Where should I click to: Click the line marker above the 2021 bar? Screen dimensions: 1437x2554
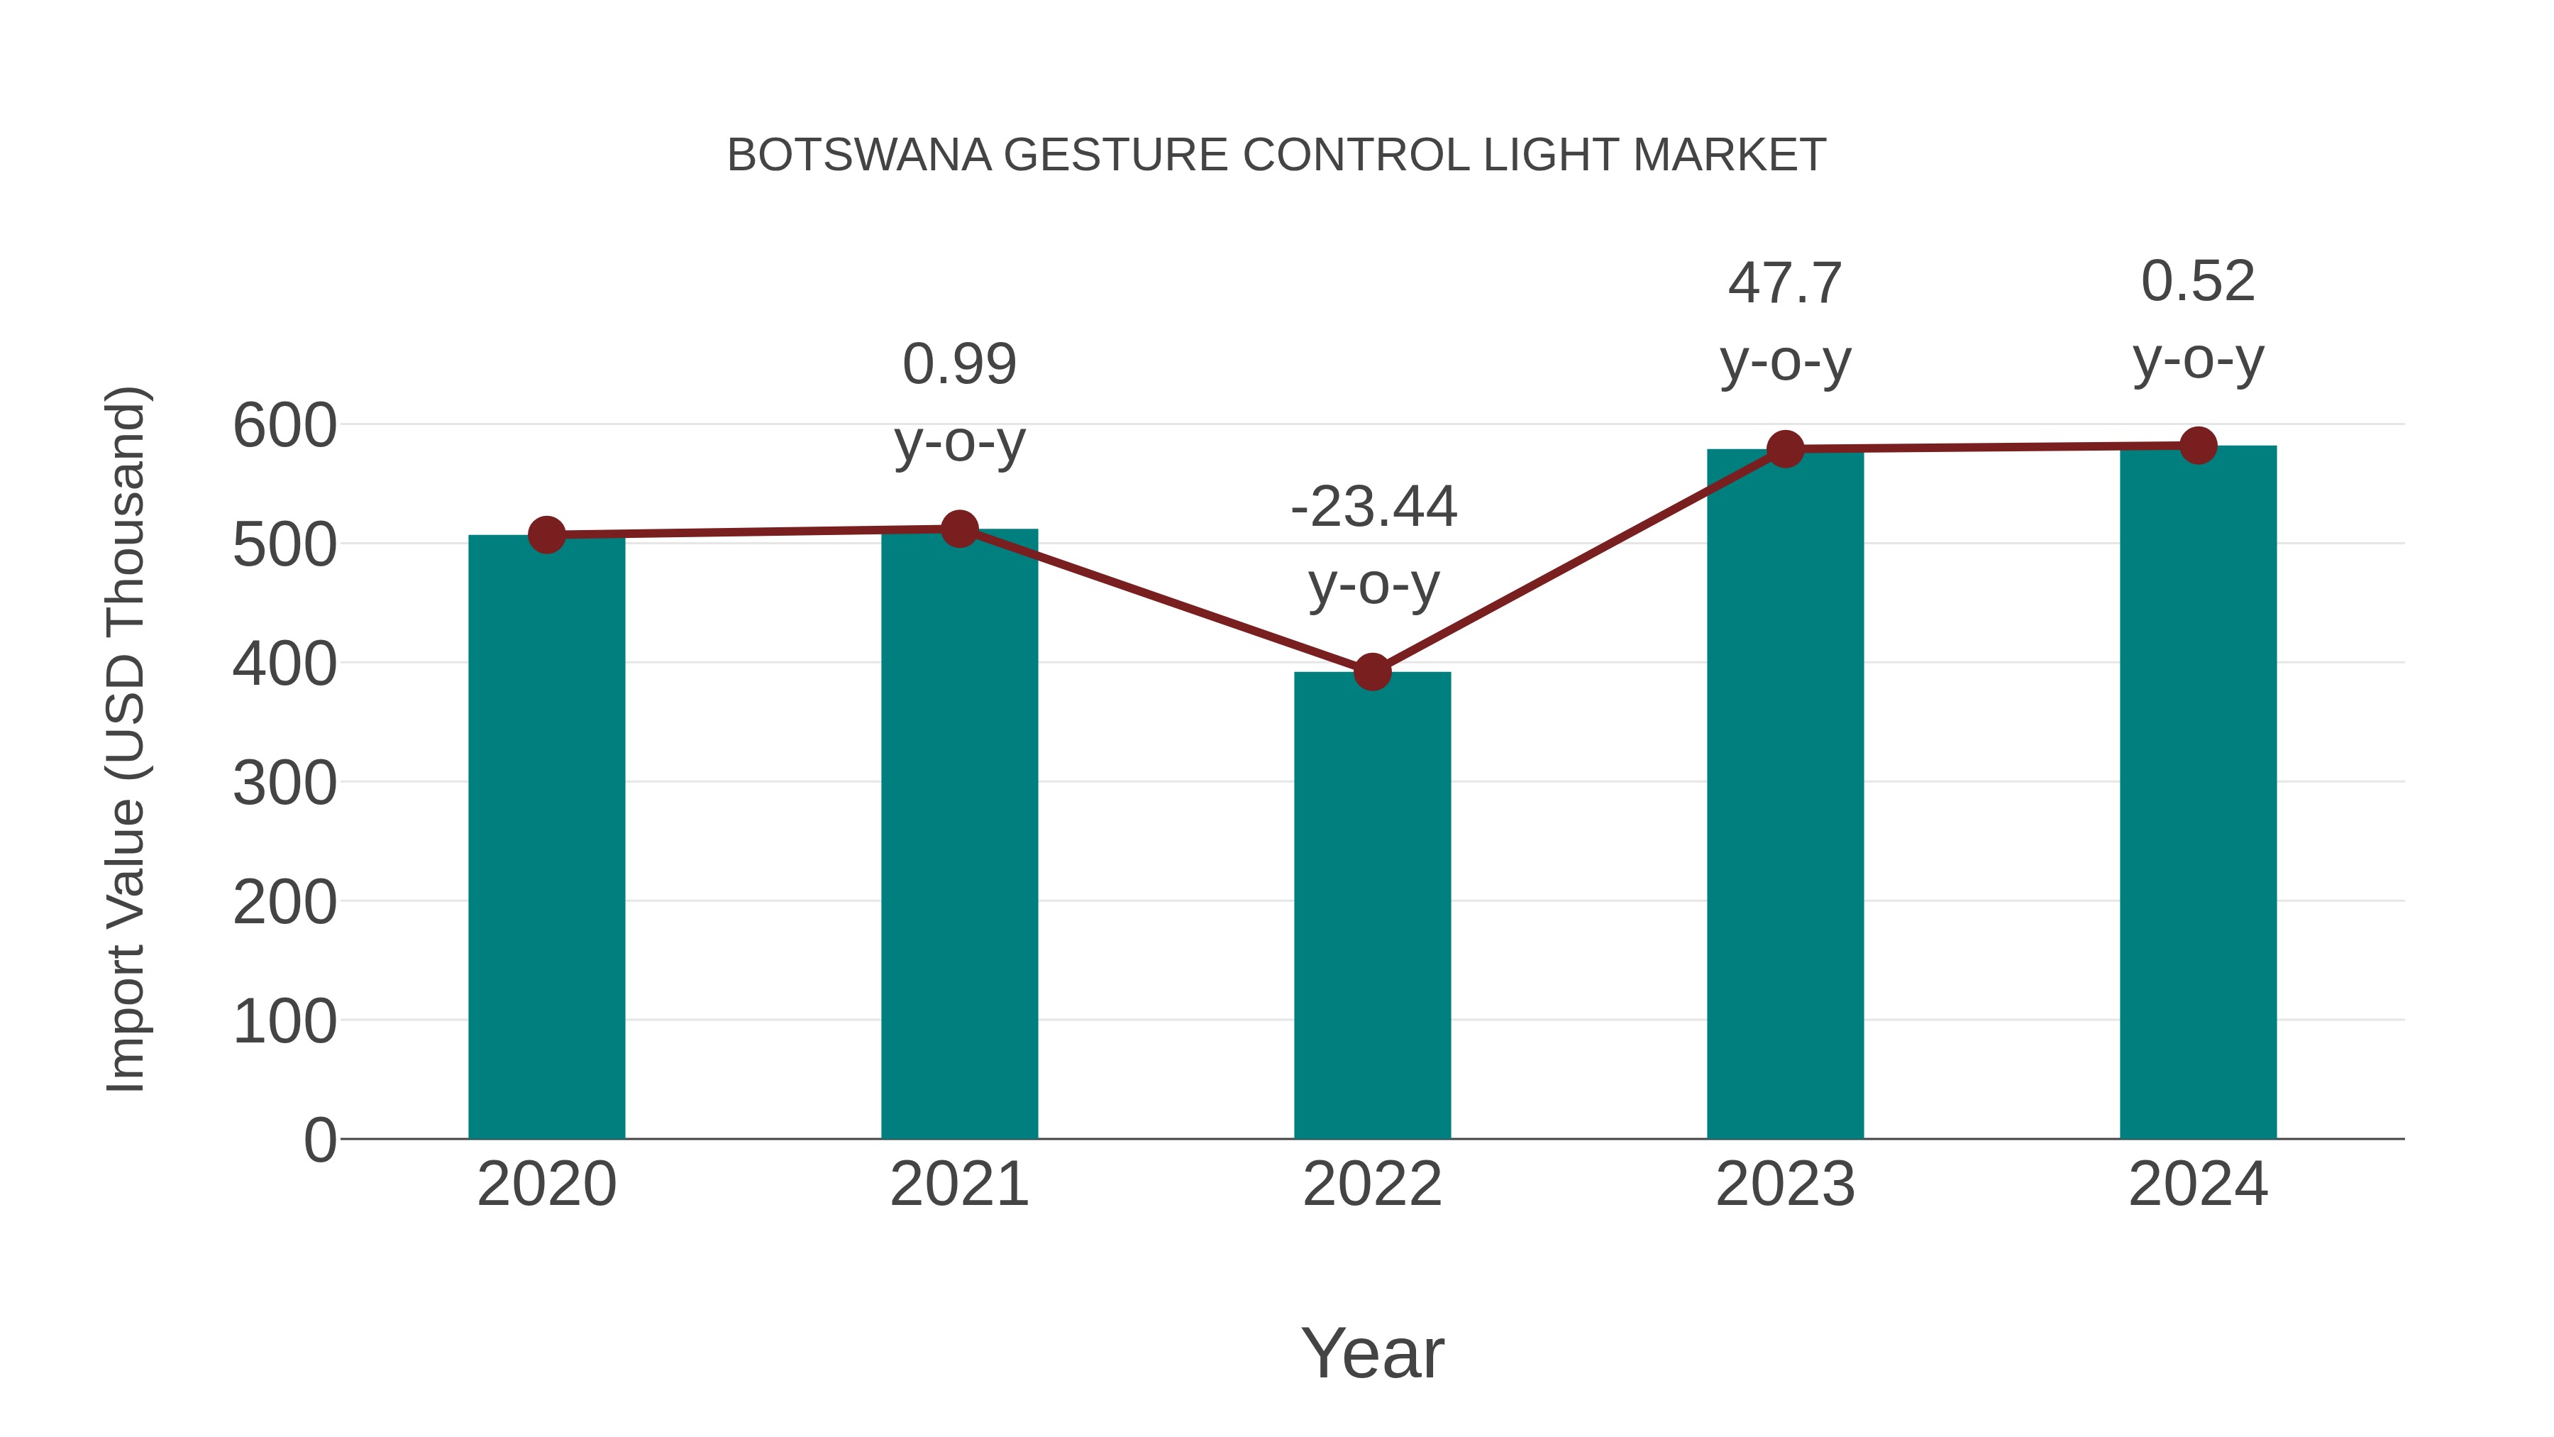958,529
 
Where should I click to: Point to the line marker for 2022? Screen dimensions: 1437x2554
1372,673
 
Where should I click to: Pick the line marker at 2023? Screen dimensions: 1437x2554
1785,449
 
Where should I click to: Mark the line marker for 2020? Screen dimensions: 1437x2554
546,536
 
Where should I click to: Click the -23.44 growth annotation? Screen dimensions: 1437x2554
1373,508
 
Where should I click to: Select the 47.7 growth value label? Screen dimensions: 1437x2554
1785,284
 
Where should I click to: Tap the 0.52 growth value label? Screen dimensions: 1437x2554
2198,282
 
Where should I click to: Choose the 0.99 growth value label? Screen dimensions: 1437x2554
958,364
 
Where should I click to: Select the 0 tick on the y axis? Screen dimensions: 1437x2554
320,1140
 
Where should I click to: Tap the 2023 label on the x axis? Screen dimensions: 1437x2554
1785,1184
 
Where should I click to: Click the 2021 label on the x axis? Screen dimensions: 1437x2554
958,1184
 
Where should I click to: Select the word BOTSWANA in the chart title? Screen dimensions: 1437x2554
858,155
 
